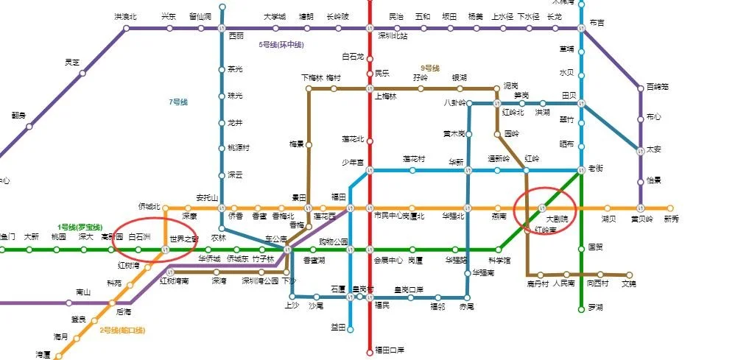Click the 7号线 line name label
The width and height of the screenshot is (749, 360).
(x=179, y=102)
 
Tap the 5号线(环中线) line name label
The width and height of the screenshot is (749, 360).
(x=281, y=45)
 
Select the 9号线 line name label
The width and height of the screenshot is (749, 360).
(x=430, y=68)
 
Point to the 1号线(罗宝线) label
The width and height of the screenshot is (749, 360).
(x=80, y=227)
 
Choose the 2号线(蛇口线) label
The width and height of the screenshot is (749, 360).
(x=122, y=330)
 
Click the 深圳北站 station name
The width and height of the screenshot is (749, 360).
(x=393, y=35)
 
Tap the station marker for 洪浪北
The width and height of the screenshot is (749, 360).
(x=126, y=29)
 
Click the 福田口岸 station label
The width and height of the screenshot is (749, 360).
(x=390, y=350)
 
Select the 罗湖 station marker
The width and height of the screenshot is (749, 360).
(x=582, y=308)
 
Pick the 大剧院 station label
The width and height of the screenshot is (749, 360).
(x=557, y=219)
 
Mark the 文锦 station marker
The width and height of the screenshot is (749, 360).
(x=629, y=275)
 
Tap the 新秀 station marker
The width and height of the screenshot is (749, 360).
(x=670, y=208)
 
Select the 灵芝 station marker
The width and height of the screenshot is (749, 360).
(x=82, y=73)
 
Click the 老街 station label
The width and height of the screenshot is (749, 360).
(x=596, y=168)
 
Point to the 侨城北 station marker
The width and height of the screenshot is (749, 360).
(x=165, y=208)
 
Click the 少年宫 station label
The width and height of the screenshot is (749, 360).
(x=352, y=163)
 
